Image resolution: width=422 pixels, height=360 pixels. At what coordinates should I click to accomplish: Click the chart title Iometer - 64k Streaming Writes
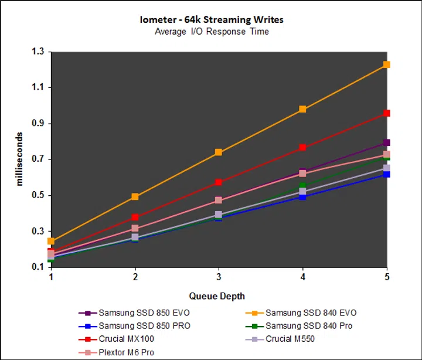coord(212,19)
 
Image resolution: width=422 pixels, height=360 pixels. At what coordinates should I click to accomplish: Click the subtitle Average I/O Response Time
coord(212,31)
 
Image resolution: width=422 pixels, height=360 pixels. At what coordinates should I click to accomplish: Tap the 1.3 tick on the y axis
coord(38,52)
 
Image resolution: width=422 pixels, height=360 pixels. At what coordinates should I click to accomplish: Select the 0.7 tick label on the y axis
coord(38,159)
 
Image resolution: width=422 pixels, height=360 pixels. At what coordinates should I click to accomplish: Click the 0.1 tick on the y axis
coord(38,267)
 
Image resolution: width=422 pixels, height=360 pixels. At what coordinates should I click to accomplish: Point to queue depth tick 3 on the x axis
coord(219,276)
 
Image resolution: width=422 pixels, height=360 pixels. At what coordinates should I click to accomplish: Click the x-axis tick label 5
coord(386,276)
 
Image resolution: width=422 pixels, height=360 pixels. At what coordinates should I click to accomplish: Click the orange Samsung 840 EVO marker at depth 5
coord(387,64)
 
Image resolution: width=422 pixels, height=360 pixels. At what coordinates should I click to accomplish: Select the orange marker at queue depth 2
coord(135,197)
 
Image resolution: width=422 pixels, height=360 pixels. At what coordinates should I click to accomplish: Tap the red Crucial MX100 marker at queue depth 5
coord(387,113)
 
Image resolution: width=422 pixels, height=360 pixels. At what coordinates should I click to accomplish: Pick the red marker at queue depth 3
coord(219,183)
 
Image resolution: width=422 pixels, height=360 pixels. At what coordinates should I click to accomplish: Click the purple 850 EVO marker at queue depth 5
coord(387,142)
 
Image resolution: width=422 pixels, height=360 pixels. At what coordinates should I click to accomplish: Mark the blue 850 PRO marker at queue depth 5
coord(387,174)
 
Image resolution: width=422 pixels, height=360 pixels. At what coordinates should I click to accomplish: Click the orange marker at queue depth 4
coord(303,109)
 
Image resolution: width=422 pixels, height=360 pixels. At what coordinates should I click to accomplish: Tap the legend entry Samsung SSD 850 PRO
coord(144,326)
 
